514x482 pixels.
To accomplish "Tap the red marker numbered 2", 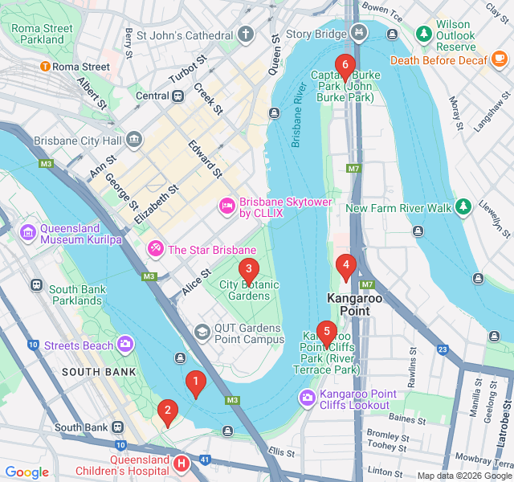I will click(167, 412).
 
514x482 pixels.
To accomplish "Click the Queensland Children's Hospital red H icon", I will click(182, 464).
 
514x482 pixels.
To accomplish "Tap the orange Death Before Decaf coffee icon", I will click(500, 59).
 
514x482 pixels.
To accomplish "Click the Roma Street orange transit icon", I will click(46, 67).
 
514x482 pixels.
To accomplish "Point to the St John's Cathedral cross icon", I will click(246, 35).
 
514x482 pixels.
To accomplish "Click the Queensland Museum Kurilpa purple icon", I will click(28, 232).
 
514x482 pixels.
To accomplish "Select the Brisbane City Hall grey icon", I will click(134, 141).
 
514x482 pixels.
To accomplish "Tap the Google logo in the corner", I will click(27, 472).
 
